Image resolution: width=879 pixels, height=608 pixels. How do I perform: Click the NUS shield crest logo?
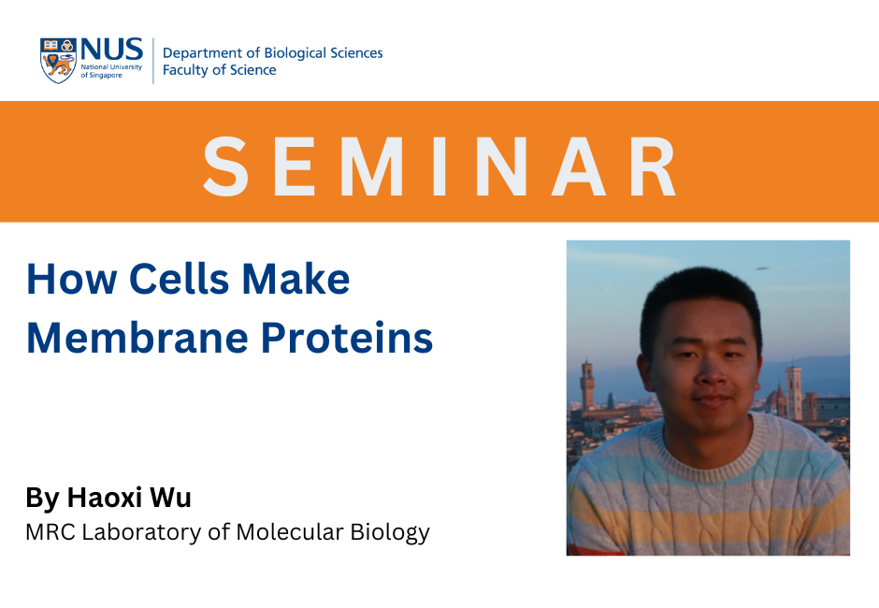tap(58, 61)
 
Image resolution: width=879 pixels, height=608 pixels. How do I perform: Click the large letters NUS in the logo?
tap(112, 50)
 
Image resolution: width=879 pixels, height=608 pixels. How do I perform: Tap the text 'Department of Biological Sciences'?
tap(272, 52)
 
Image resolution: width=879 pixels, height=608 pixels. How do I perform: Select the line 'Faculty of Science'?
tap(219, 70)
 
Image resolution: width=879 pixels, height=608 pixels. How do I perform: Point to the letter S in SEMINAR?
tap(225, 166)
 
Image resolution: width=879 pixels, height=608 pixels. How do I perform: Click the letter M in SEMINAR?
tap(371, 166)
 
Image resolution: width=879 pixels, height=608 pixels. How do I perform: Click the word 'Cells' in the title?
tap(180, 278)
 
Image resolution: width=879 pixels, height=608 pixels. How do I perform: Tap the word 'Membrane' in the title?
tap(137, 338)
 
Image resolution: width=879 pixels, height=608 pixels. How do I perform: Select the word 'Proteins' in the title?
tap(347, 338)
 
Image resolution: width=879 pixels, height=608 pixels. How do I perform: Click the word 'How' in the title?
tap(72, 278)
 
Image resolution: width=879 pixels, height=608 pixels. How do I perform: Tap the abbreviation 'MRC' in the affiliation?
tap(50, 531)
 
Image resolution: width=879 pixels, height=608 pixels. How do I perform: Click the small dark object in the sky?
tap(761, 268)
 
